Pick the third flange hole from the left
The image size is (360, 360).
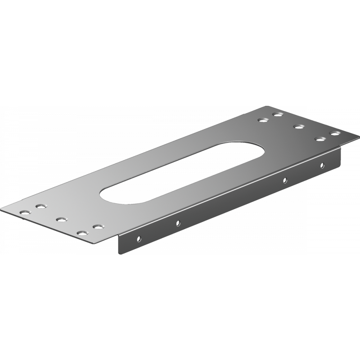pos(285,180)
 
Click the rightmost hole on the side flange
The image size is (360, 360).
pos(323,165)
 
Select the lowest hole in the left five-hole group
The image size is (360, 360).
pos(83,233)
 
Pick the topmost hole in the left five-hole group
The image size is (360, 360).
pos(41,206)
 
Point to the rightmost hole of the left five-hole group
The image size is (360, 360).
pos(98,226)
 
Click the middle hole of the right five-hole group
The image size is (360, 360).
pos(298,126)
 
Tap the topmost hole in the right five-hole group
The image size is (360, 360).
pos(277,114)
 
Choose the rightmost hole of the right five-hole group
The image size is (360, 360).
pos(334,133)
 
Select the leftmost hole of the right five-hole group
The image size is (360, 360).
pos(262,120)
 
